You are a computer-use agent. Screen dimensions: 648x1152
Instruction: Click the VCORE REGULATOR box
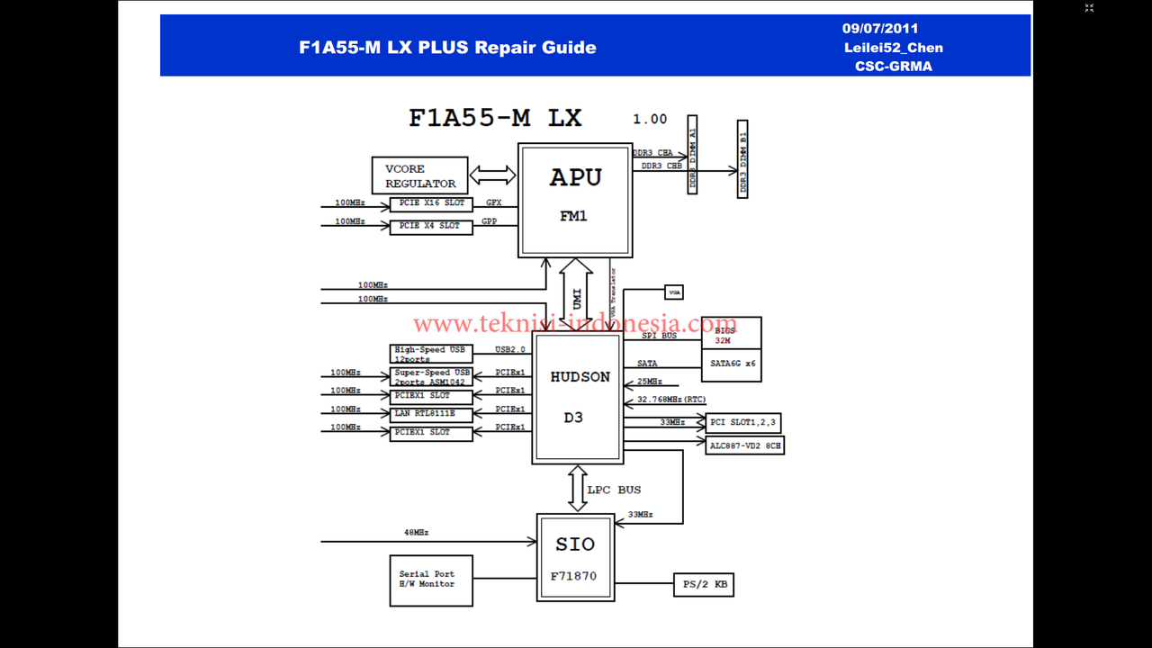(x=419, y=175)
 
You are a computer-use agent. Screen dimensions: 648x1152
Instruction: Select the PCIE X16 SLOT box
(x=431, y=204)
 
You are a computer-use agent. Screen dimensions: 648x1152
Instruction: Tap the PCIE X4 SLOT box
(x=431, y=226)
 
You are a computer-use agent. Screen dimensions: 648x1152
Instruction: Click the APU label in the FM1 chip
(x=575, y=178)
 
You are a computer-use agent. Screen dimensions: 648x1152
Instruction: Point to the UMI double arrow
(x=576, y=293)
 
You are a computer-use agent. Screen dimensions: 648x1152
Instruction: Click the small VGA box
(x=673, y=292)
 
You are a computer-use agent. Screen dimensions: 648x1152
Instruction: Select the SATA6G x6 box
(x=731, y=363)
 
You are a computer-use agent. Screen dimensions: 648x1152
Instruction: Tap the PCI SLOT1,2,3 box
(x=743, y=422)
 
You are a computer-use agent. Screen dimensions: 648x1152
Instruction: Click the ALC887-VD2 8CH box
(x=744, y=445)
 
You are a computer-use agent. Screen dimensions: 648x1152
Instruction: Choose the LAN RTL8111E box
(x=431, y=414)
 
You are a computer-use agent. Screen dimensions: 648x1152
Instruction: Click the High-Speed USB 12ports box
(x=431, y=354)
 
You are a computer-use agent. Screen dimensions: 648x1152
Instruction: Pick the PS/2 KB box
(x=703, y=585)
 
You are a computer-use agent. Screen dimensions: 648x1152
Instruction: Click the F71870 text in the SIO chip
(x=574, y=576)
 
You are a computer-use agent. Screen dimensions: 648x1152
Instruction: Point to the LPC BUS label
(x=614, y=490)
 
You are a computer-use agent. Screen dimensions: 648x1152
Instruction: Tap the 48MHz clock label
(x=416, y=533)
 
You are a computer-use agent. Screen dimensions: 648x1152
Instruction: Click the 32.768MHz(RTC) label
(x=670, y=399)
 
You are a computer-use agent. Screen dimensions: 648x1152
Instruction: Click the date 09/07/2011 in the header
(x=880, y=29)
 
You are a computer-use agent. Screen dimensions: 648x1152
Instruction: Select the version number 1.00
(x=650, y=119)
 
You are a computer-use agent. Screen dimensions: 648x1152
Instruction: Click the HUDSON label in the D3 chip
(x=580, y=377)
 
